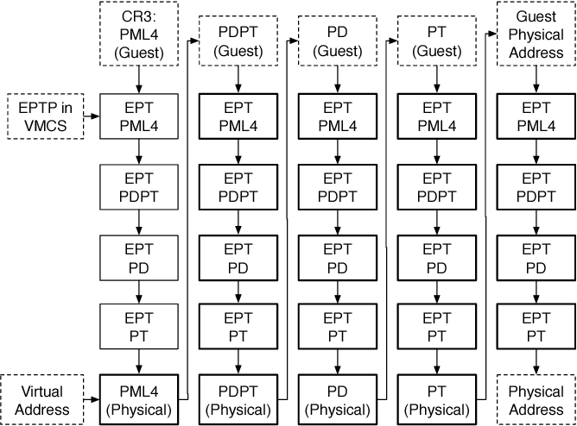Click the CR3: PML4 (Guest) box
(138, 34)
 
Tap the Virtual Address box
(40, 399)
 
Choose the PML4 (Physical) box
(138, 399)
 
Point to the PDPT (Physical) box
(238, 399)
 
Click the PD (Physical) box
(337, 399)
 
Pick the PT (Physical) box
(436, 399)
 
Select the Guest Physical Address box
(536, 34)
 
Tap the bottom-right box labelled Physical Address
(536, 399)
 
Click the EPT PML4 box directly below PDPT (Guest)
(238, 116)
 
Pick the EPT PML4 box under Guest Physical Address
(536, 116)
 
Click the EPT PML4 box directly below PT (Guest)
(436, 116)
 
